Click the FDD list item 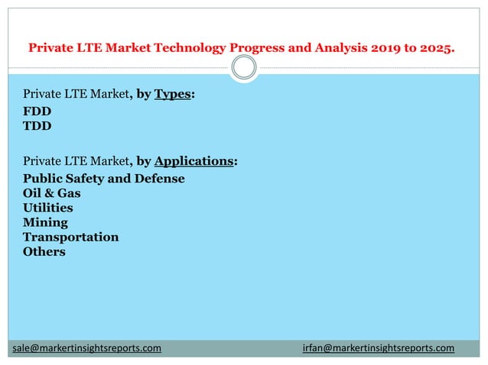point(37,111)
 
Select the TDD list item point(37,126)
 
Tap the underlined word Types point(172,95)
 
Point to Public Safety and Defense point(104,179)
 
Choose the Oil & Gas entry point(52,193)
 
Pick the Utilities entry point(48,208)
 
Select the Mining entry point(45,222)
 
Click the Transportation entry point(71,237)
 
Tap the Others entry point(44,251)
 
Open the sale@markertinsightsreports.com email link point(86,348)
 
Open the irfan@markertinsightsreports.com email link point(378,348)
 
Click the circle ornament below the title point(244,69)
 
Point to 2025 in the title point(437,48)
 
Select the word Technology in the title point(190,48)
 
